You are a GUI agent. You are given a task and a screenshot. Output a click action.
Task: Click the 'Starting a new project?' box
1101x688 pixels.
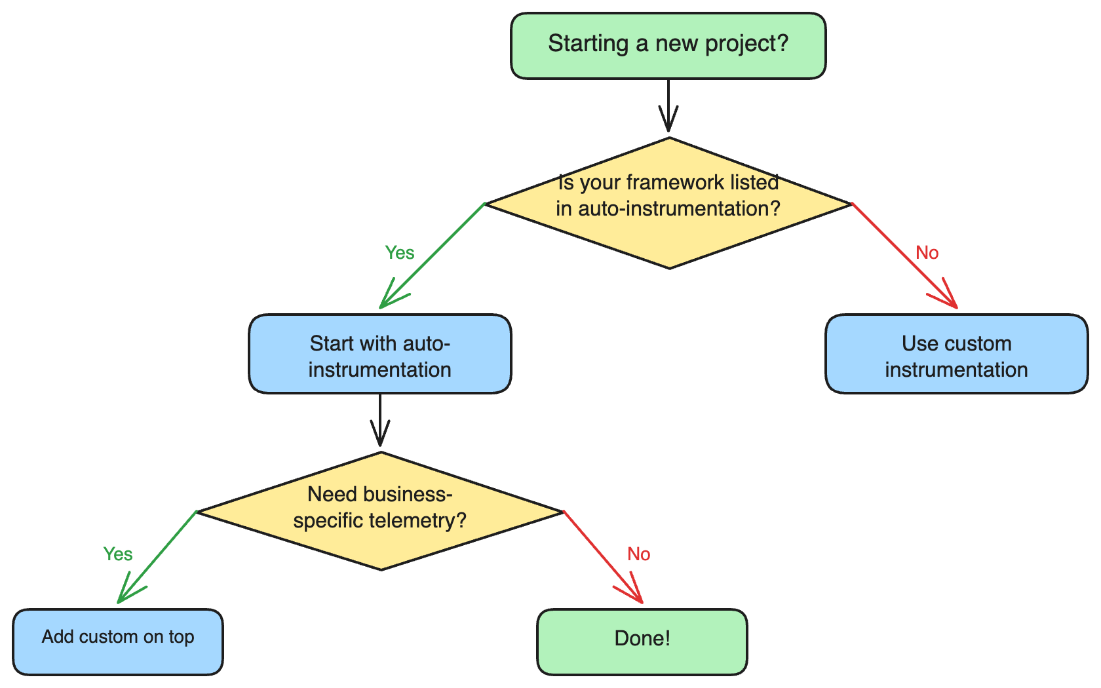668,46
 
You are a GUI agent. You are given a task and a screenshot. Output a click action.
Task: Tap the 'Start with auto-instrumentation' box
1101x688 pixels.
379,354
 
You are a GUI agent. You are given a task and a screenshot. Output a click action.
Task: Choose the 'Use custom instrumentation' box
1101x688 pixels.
956,354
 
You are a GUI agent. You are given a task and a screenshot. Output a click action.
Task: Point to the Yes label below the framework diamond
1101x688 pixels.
399,253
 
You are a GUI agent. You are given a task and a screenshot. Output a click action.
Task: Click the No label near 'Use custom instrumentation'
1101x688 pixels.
927,253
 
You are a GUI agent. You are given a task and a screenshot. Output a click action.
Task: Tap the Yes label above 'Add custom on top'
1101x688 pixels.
118,554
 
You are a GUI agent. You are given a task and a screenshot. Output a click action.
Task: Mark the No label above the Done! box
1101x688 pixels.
638,554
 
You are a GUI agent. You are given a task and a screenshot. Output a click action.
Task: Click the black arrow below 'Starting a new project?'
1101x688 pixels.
668,108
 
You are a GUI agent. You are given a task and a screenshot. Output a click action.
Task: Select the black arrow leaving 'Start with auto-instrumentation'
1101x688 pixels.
379,423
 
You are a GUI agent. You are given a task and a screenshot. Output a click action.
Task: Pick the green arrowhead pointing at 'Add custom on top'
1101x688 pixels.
126,592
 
